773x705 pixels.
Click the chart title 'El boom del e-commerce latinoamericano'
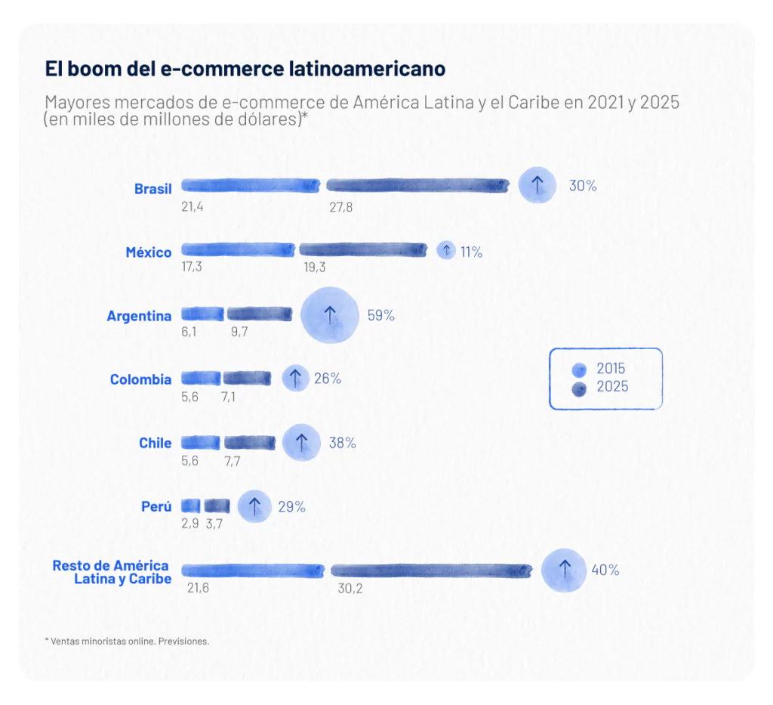pyautogui.click(x=245, y=69)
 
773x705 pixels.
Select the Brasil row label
pyautogui.click(x=153, y=189)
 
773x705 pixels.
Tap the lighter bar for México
pyautogui.click(x=239, y=249)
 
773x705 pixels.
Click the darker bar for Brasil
pyautogui.click(x=417, y=186)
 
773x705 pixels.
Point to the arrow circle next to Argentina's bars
pyautogui.click(x=329, y=316)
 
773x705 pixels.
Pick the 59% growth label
pyautogui.click(x=380, y=316)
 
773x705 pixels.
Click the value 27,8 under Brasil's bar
pyautogui.click(x=340, y=207)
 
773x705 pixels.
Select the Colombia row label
pyautogui.click(x=140, y=379)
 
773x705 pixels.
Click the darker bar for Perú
pyautogui.click(x=217, y=506)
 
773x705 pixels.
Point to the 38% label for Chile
pyautogui.click(x=342, y=444)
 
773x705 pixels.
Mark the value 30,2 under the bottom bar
pyautogui.click(x=350, y=589)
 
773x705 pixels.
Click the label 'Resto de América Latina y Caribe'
pyautogui.click(x=112, y=572)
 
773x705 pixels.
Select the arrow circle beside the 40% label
pyautogui.click(x=564, y=570)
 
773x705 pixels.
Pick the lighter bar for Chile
pyautogui.click(x=200, y=443)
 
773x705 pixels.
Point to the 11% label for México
pyautogui.click(x=471, y=252)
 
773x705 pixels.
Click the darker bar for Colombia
pyautogui.click(x=247, y=379)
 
